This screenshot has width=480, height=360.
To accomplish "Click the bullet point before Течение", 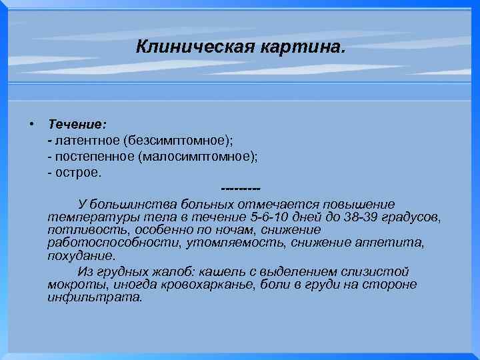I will pyautogui.click(x=31, y=124).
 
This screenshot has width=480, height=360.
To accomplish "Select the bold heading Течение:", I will pyautogui.click(x=77, y=124).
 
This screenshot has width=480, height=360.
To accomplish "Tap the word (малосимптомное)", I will pyautogui.click(x=197, y=156).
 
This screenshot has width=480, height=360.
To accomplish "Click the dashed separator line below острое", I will pyautogui.click(x=239, y=189).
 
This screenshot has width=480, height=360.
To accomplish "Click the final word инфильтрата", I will pyautogui.click(x=94, y=297).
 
